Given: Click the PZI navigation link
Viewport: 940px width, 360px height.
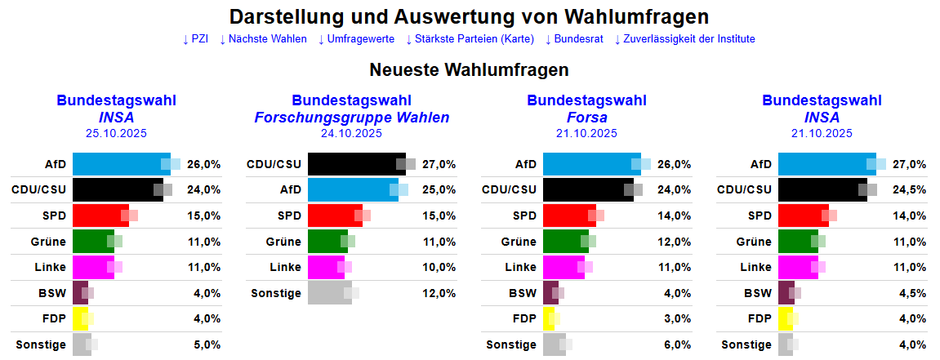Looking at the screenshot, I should click(195, 38).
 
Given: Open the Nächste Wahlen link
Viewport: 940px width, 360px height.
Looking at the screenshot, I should click(263, 38).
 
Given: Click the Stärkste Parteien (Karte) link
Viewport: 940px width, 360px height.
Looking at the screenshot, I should click(470, 38).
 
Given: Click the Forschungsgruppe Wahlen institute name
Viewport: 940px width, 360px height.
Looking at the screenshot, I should click(351, 118).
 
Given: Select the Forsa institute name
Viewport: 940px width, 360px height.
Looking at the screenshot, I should click(586, 118).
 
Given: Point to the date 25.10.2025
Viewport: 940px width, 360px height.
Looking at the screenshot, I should click(116, 133).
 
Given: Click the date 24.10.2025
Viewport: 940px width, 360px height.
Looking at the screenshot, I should click(351, 133).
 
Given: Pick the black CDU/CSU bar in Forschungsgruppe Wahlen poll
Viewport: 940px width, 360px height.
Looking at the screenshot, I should click(356, 164).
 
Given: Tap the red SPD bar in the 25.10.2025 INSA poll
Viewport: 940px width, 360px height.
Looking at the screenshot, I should click(100, 216).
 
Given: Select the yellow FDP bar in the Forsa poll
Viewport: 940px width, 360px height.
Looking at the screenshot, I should click(549, 318).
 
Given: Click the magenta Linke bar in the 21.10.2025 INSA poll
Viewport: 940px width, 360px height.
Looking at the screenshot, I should click(798, 267).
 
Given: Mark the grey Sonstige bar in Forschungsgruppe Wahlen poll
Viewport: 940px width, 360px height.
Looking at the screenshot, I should click(329, 293).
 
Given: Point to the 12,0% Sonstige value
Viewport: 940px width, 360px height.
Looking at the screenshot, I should click(439, 293).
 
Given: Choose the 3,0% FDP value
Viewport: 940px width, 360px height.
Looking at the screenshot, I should click(675, 318).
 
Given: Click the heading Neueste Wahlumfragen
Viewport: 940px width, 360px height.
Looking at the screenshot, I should click(469, 70).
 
